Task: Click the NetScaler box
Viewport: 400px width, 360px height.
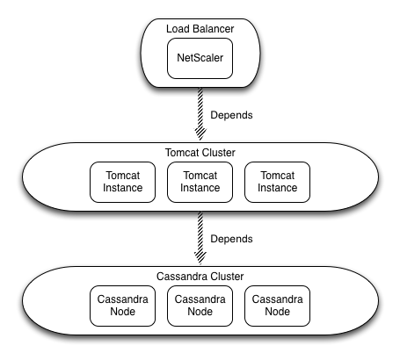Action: click(200, 58)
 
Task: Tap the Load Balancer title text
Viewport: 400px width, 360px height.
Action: click(200, 29)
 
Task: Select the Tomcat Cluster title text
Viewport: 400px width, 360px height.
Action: click(200, 153)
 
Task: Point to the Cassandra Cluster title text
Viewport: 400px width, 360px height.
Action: click(200, 277)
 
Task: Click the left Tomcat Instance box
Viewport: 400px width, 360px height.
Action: click(122, 182)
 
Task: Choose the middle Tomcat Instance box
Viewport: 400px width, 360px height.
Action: click(200, 182)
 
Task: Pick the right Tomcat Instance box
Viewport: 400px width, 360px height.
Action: click(277, 182)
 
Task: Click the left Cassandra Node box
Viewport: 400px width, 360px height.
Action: click(122, 306)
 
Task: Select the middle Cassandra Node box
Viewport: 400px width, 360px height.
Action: click(200, 306)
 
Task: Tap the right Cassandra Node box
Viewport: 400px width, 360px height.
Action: click(277, 306)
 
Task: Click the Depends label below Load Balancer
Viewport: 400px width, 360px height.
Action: click(231, 115)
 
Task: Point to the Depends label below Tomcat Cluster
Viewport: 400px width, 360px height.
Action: click(231, 239)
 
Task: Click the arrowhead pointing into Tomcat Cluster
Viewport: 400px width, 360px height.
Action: click(200, 134)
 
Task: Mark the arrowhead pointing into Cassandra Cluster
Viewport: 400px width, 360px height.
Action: click(200, 258)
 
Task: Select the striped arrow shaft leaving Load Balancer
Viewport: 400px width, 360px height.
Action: click(200, 108)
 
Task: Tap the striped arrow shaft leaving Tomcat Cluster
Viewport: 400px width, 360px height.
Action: click(200, 232)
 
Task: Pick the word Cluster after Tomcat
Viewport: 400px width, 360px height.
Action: click(219, 153)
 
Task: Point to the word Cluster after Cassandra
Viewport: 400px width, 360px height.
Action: click(228, 277)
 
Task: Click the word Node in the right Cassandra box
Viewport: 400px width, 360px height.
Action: click(277, 312)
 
